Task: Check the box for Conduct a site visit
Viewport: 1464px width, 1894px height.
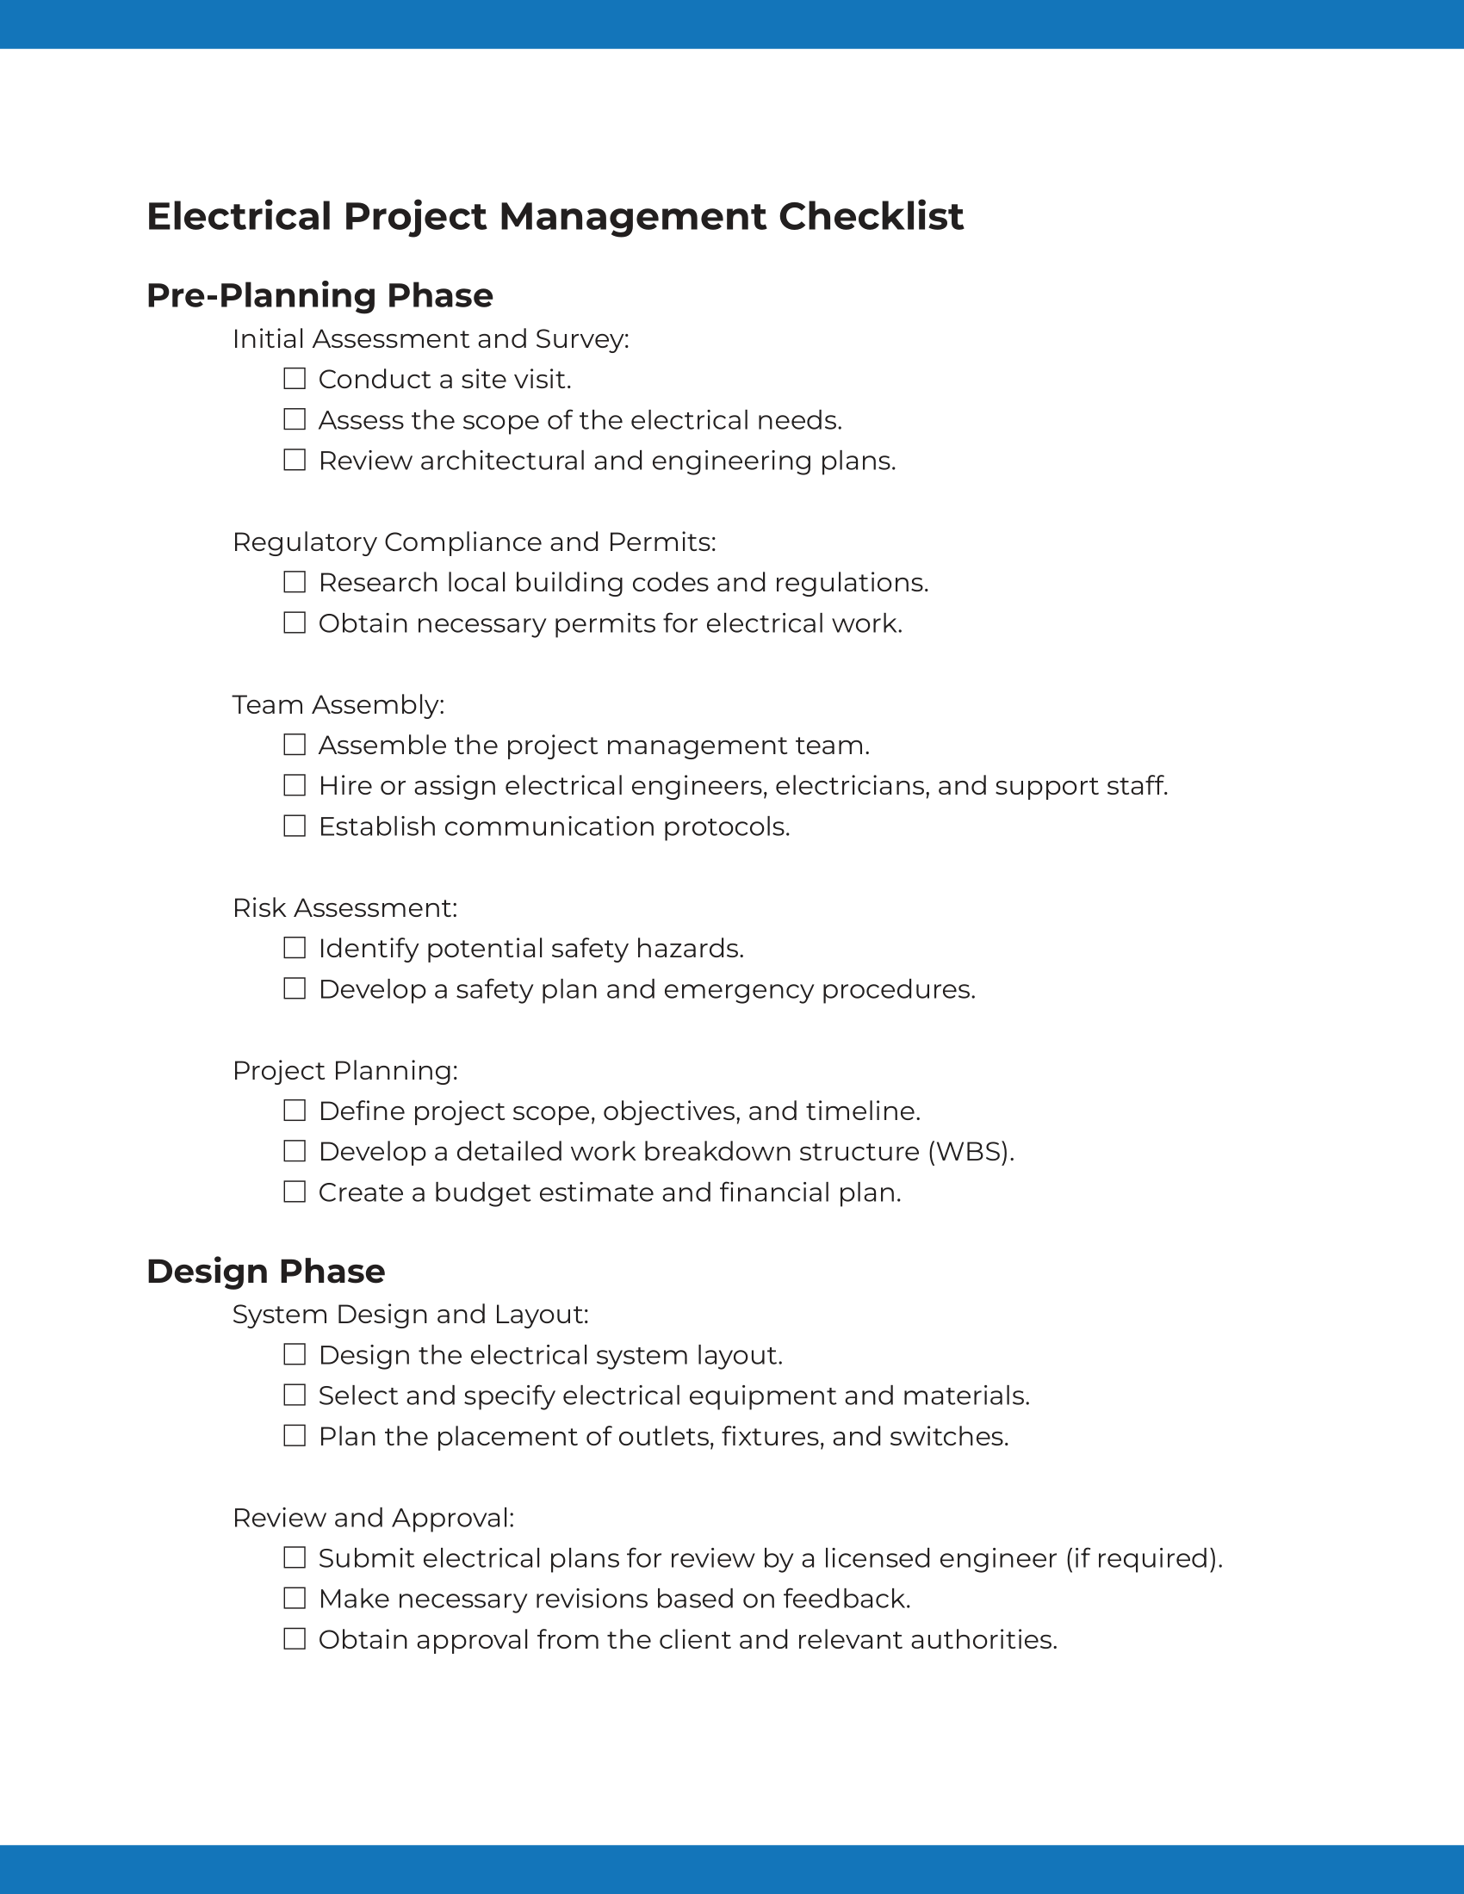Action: (x=295, y=379)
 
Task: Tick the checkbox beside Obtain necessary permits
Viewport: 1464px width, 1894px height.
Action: (x=295, y=622)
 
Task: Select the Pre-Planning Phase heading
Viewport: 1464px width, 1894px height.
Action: (x=319, y=295)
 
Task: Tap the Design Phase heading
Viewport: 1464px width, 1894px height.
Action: (x=265, y=1272)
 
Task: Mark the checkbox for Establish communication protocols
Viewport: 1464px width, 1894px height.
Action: (x=295, y=826)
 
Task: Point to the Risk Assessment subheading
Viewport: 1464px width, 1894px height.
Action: (x=344, y=908)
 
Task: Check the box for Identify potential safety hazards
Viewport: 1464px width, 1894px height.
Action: (x=295, y=948)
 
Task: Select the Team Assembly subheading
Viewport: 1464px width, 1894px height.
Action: (x=338, y=704)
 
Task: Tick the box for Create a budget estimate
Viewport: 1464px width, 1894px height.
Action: (x=295, y=1191)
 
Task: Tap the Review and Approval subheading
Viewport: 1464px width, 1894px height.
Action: (x=373, y=1518)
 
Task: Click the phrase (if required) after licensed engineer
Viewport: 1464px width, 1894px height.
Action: (x=1143, y=1558)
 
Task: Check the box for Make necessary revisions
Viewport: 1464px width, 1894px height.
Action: (x=295, y=1599)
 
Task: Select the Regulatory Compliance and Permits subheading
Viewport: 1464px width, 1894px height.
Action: (x=474, y=542)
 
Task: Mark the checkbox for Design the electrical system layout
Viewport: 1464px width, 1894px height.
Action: (x=295, y=1354)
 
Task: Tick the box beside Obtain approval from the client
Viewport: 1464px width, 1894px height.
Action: (x=295, y=1639)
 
